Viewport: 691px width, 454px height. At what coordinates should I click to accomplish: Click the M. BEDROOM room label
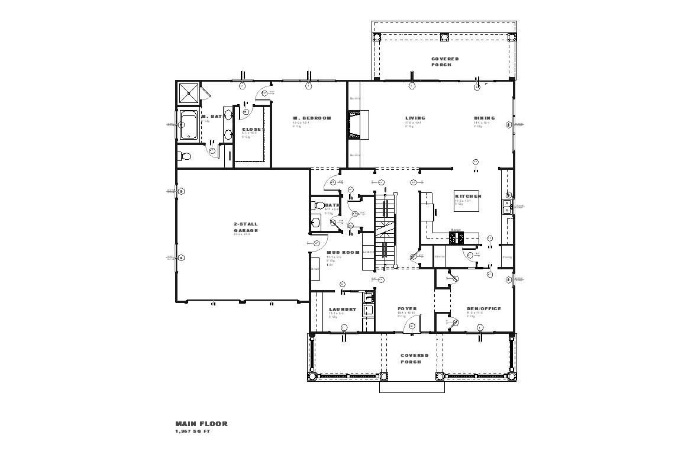click(312, 118)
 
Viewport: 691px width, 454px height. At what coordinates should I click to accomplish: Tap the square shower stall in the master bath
click(189, 92)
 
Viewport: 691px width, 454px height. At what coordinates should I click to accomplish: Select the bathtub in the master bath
click(189, 126)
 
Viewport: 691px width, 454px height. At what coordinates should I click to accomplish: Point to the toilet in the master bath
click(185, 156)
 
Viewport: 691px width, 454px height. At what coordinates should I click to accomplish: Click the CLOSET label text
click(253, 130)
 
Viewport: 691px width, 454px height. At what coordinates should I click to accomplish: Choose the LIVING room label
click(415, 118)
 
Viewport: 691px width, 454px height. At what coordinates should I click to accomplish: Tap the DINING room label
click(484, 118)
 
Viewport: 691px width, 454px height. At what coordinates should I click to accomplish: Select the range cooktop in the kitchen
click(457, 238)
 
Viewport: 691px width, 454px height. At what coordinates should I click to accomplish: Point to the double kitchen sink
click(507, 206)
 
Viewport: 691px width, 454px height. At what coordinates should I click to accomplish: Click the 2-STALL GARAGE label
click(246, 227)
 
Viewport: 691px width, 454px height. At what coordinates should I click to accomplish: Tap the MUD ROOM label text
click(343, 253)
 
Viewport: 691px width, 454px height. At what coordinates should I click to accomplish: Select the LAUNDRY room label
click(343, 309)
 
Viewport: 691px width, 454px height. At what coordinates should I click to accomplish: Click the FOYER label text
click(407, 309)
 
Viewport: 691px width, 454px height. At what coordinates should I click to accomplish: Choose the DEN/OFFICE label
click(483, 309)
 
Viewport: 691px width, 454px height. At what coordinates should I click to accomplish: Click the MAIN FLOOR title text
click(201, 424)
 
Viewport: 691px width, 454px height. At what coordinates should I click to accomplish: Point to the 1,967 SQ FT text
click(192, 432)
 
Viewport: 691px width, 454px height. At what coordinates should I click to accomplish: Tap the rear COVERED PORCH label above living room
click(445, 62)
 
